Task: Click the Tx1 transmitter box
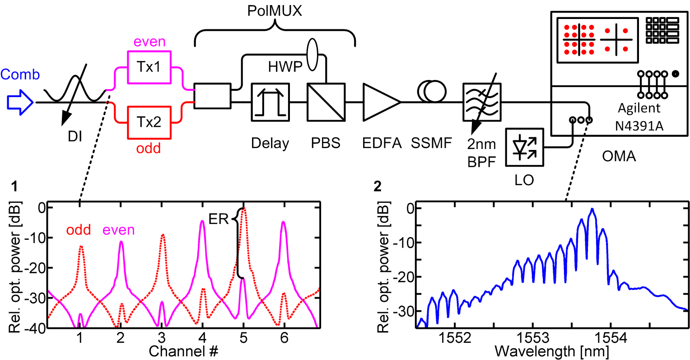[149, 67]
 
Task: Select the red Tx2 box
[149, 122]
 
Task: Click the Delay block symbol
[270, 102]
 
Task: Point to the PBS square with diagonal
[326, 102]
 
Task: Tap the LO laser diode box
[524, 147]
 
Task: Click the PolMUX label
[275, 11]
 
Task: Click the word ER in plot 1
[219, 220]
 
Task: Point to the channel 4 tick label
[202, 338]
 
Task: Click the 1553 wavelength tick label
[533, 338]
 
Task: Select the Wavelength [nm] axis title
[552, 351]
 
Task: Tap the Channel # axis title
[183, 351]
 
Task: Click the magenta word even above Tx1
[149, 42]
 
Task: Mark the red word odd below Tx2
[149, 148]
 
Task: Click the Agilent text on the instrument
[639, 108]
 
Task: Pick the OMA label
[619, 156]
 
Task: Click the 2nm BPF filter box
[482, 103]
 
